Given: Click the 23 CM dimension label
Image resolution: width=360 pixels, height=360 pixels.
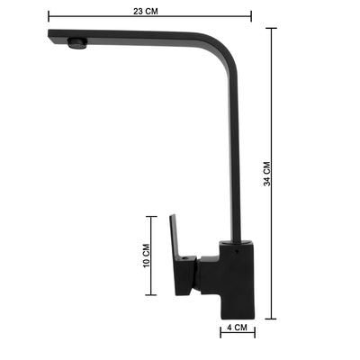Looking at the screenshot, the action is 146,12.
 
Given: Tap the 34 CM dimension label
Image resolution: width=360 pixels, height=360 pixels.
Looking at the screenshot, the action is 267,174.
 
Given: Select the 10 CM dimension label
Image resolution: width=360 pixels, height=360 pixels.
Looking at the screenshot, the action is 146,256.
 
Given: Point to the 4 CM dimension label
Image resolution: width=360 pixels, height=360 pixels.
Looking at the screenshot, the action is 237,327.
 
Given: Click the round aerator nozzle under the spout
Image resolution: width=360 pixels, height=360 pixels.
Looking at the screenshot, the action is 77,43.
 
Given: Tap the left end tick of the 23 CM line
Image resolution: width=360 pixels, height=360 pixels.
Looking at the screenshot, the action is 49,16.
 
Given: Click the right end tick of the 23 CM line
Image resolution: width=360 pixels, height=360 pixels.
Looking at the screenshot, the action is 251,16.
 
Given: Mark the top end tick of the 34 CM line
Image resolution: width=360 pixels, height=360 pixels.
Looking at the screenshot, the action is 271,28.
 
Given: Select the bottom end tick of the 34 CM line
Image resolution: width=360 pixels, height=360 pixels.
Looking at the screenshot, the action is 271,319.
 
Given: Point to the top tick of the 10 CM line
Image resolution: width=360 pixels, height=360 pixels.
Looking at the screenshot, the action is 151,216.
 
